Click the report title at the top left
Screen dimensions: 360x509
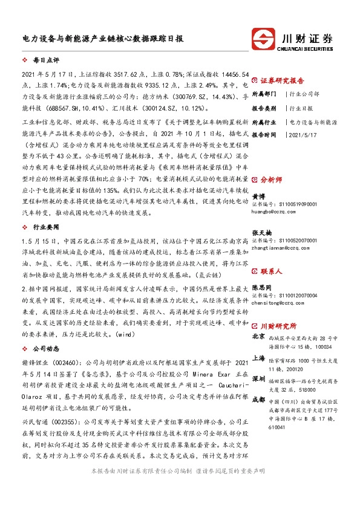click(x=102, y=37)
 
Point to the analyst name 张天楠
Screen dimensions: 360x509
click(x=262, y=233)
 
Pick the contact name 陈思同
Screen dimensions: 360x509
click(x=262, y=287)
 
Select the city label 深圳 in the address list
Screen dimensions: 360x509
click(x=258, y=377)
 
